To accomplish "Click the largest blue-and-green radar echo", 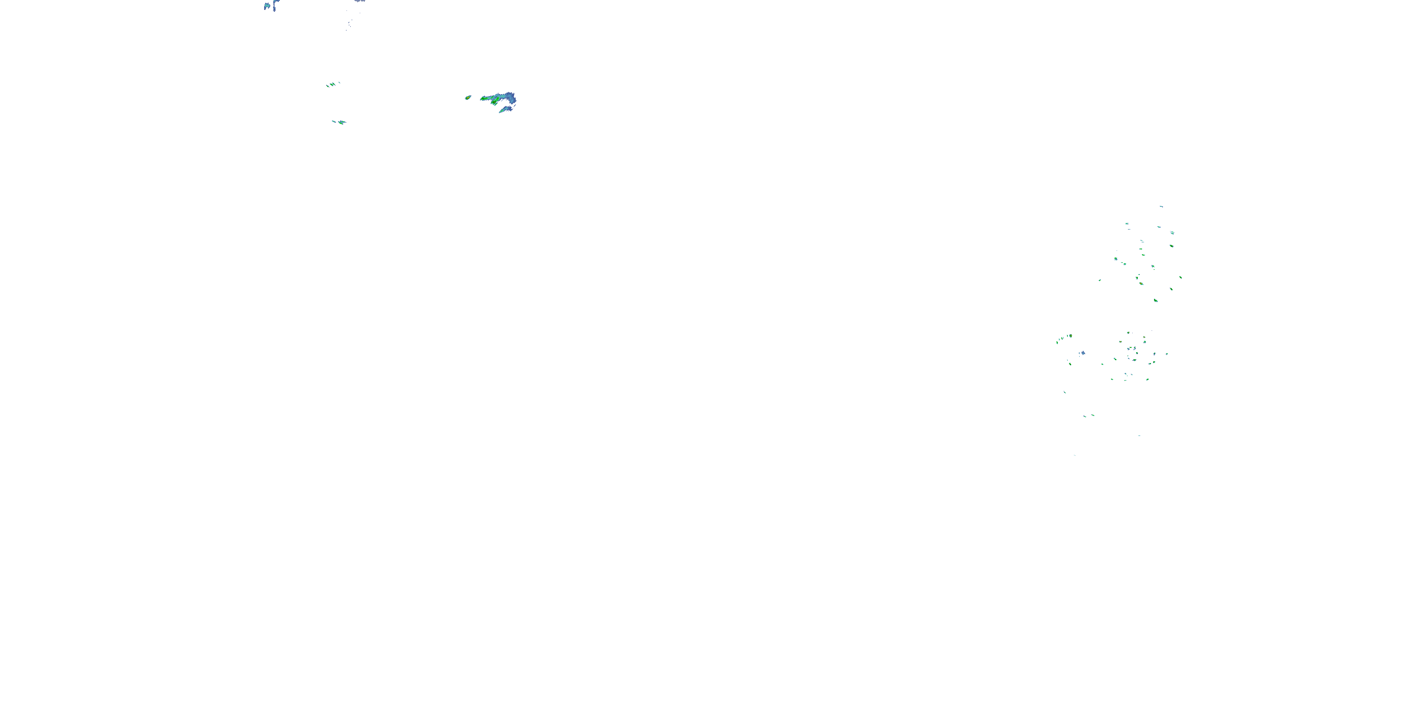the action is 499,99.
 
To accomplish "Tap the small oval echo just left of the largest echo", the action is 468,98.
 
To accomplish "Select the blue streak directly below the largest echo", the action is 506,110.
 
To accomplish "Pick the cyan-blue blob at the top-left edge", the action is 267,6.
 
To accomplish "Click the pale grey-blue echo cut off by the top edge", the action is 360,1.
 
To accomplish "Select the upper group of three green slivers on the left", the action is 332,84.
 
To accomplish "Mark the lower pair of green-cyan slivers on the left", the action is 339,122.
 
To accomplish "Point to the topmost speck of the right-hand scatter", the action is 1161,206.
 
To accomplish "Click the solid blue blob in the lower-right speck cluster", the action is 1083,353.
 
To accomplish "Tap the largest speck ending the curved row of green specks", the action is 1070,335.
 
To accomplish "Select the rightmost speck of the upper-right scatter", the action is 1180,277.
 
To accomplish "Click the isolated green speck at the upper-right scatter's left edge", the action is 1100,280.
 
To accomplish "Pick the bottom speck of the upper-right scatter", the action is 1155,301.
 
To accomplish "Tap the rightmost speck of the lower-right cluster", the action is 1167,354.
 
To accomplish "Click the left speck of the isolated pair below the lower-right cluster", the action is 1084,416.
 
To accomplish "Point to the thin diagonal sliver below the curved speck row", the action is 1065,392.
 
